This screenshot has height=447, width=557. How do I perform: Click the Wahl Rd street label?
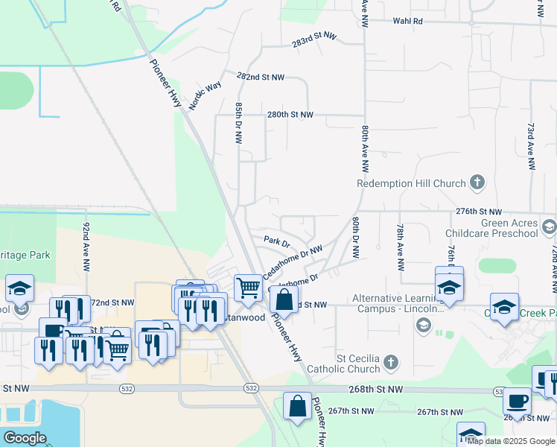tap(407, 22)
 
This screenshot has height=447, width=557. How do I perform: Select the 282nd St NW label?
tap(261, 77)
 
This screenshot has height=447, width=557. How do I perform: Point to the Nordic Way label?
tap(205, 96)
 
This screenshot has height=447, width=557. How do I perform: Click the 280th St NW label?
tap(290, 115)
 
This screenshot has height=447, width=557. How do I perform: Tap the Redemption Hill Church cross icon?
tap(477, 183)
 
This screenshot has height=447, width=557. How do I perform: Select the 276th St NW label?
tap(479, 212)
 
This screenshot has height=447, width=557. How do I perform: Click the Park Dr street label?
tap(276, 241)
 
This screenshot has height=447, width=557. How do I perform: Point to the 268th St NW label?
tap(376, 390)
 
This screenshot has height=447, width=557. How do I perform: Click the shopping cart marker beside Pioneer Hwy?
tap(248, 287)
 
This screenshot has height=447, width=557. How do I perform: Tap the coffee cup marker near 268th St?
tap(517, 401)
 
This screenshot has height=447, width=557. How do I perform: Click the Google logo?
tap(25, 438)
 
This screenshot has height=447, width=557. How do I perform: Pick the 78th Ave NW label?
tap(400, 246)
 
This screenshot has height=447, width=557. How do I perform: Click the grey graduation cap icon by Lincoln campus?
tap(423, 324)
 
